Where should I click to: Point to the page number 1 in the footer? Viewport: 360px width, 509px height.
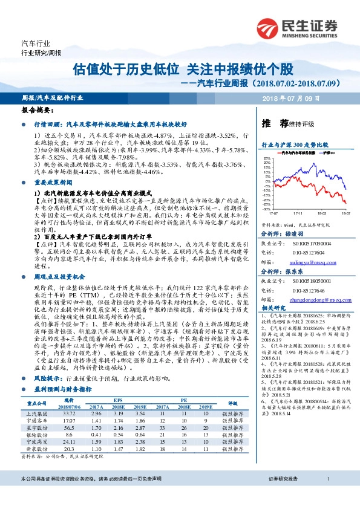coord(327,496)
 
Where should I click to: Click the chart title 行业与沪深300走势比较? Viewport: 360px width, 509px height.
coord(294,145)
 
